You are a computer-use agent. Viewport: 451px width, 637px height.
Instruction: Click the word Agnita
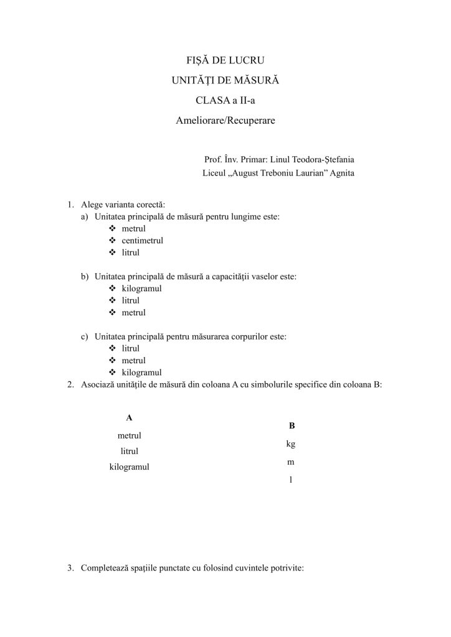click(x=340, y=173)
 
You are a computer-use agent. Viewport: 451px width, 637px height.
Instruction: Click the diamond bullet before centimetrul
click(x=112, y=241)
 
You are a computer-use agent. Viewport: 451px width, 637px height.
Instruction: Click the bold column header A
click(x=129, y=417)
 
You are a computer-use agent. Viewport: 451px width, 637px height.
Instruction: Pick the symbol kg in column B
click(x=291, y=444)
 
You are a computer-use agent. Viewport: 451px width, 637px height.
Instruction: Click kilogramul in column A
click(x=129, y=466)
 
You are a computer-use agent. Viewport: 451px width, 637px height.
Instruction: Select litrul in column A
click(x=129, y=450)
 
